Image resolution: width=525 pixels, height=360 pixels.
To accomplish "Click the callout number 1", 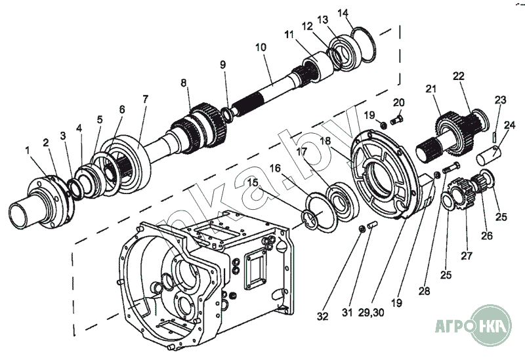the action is (x=27, y=151).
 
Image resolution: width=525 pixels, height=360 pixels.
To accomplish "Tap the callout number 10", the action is (x=261, y=47).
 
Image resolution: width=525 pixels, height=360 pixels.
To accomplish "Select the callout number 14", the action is (x=343, y=13).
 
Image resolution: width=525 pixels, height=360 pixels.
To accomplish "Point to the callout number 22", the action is (x=458, y=76).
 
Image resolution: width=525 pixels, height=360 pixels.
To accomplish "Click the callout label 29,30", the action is (x=371, y=313).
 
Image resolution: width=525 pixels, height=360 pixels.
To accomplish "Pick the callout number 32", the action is (x=322, y=316).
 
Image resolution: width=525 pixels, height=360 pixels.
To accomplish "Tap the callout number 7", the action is (x=145, y=99).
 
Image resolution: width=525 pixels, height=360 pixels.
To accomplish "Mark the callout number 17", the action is (x=301, y=151).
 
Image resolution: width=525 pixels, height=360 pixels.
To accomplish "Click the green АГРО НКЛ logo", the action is (x=473, y=325).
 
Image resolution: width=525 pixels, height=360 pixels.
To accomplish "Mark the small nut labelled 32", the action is (x=362, y=230).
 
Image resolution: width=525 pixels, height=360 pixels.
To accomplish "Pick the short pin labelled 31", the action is (x=372, y=225).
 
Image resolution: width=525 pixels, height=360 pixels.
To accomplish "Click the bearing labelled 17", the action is (x=343, y=201).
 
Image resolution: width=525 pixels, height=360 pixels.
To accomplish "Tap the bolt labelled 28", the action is (x=451, y=168).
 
